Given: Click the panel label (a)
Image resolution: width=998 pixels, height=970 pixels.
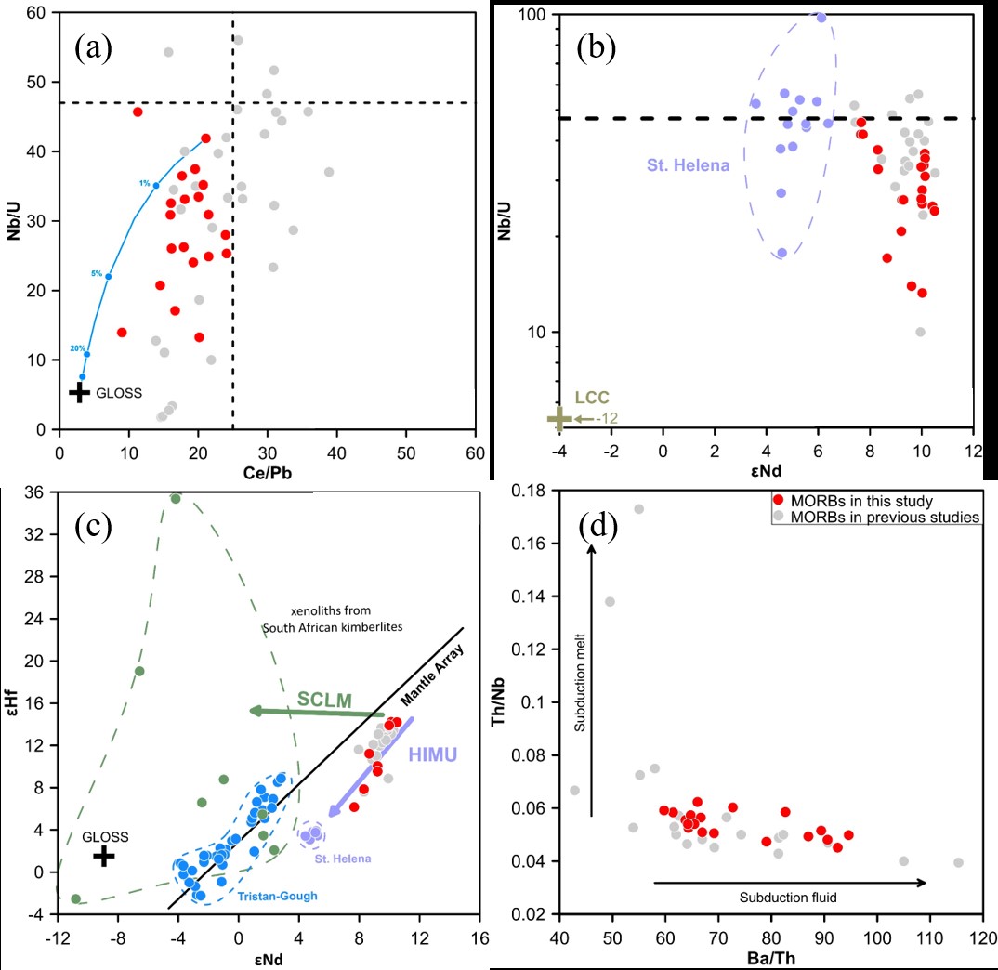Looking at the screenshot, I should coord(94,47).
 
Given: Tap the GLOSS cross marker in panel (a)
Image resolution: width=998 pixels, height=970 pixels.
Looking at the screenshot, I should coord(79,392).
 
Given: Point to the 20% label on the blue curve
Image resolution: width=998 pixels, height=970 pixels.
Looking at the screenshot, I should coord(78,348).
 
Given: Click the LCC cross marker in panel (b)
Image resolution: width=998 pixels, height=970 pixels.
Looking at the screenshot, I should coord(558,419).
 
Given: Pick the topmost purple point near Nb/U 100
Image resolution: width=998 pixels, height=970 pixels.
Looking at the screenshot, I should coord(821,18).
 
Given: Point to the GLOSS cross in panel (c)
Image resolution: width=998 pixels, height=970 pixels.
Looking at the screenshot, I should coord(104,856).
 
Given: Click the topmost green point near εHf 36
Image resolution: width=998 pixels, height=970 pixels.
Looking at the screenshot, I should coord(175,498).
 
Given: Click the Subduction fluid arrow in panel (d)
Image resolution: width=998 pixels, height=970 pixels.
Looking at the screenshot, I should coord(790,883).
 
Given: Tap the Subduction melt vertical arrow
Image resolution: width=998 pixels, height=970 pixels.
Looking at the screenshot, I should coord(591,669).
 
